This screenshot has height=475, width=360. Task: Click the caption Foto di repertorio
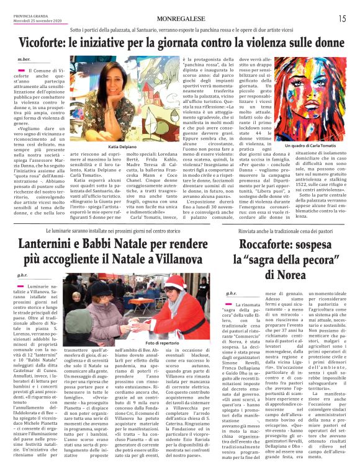coord(158,343)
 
